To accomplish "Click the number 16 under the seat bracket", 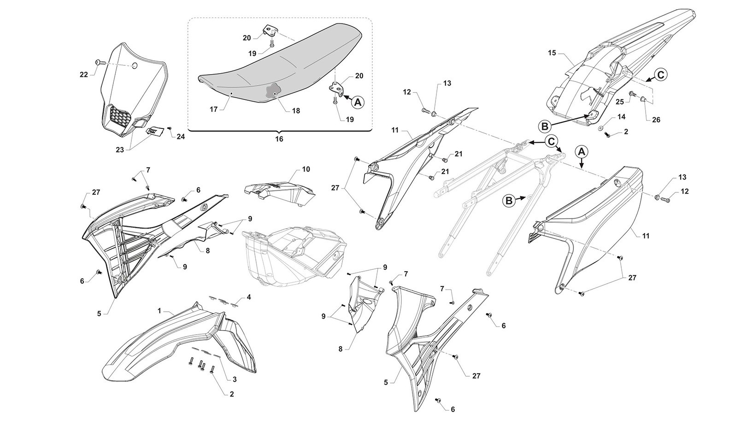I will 279,139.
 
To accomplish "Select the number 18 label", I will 295,111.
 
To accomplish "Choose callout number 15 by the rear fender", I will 552,53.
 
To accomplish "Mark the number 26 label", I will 656,120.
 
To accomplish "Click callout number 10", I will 306,169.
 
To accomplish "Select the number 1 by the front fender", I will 159,311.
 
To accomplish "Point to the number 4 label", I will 248,297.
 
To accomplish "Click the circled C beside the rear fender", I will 660,74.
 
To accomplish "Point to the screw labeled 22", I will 99,62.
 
